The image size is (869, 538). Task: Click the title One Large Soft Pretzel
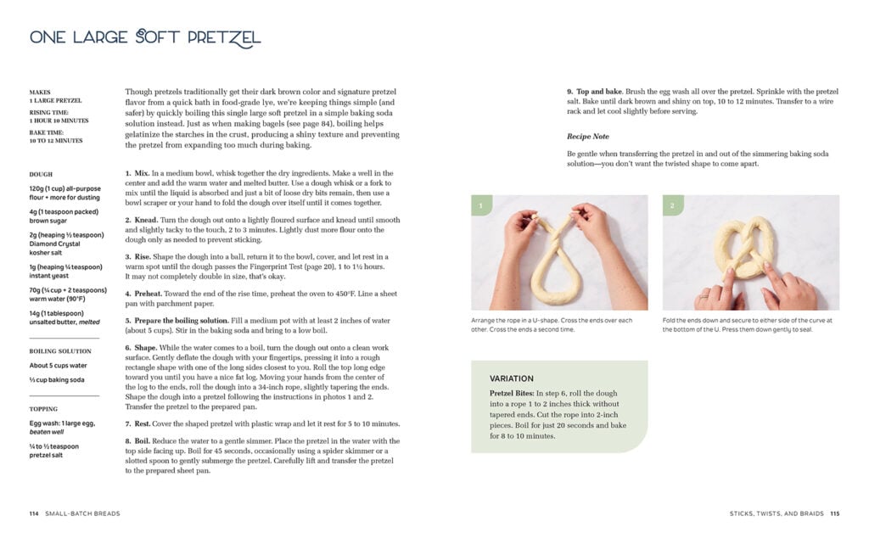(145, 37)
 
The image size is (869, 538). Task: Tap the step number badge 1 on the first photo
(480, 205)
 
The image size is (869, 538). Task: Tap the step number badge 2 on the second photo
(672, 205)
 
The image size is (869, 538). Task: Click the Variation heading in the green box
(512, 378)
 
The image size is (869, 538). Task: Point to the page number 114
(34, 513)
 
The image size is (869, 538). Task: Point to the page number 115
(834, 513)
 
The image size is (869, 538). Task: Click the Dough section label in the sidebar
(41, 174)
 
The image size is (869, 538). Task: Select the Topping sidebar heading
(43, 408)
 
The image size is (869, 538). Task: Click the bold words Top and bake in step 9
(600, 91)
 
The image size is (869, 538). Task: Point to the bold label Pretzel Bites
(514, 394)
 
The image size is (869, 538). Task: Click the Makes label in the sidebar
(40, 92)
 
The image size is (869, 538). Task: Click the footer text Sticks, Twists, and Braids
(776, 513)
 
